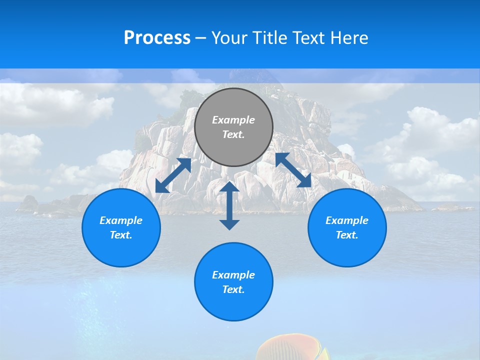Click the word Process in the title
click(157, 38)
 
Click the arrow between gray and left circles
click(173, 175)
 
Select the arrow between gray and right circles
click(293, 170)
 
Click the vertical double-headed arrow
click(229, 205)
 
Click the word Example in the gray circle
click(233, 120)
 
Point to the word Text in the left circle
click(120, 235)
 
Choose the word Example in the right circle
click(347, 220)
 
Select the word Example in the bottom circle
click(233, 275)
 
